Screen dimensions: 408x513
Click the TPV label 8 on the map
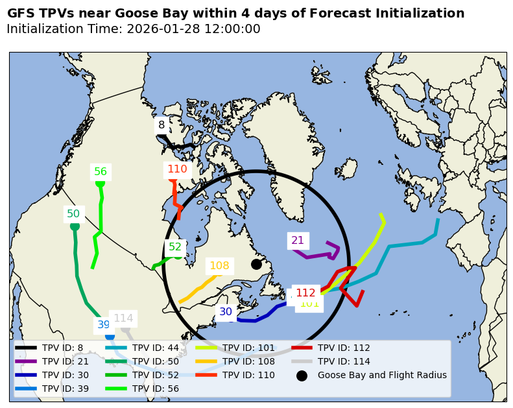click(161, 125)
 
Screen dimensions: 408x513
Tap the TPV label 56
click(101, 172)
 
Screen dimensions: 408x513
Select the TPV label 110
click(177, 169)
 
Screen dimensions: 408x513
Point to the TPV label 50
click(73, 214)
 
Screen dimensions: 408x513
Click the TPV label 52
click(175, 247)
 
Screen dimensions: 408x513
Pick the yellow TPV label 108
click(219, 266)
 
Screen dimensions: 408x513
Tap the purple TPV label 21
click(298, 241)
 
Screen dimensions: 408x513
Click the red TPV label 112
click(305, 293)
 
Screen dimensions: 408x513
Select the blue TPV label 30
click(226, 312)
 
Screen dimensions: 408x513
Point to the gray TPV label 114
click(123, 318)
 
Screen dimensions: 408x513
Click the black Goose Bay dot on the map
click(256, 264)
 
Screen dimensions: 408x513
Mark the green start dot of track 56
click(100, 183)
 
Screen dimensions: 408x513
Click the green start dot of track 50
click(75, 226)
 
